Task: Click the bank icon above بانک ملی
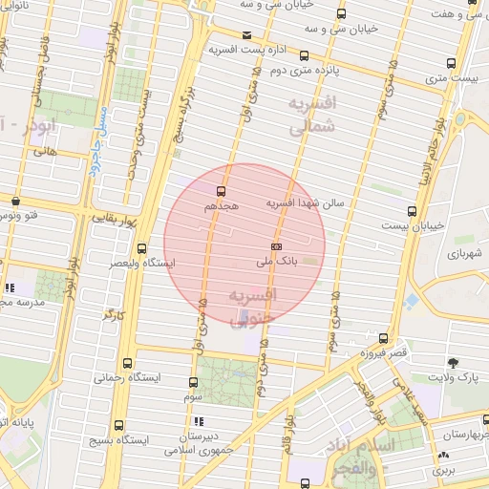tap(277, 244)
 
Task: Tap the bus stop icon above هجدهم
tap(222, 191)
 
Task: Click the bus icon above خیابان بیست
tap(412, 211)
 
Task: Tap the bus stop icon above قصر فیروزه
tap(384, 339)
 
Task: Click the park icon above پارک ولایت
tap(453, 363)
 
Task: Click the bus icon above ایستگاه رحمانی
tap(128, 363)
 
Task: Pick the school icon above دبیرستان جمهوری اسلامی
tap(199, 420)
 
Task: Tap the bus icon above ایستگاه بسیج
tap(118, 425)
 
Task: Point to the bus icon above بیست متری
tap(451, 63)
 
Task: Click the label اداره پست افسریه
tap(247, 48)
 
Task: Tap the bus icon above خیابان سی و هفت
tap(473, 13)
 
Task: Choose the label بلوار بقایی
tap(116, 219)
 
